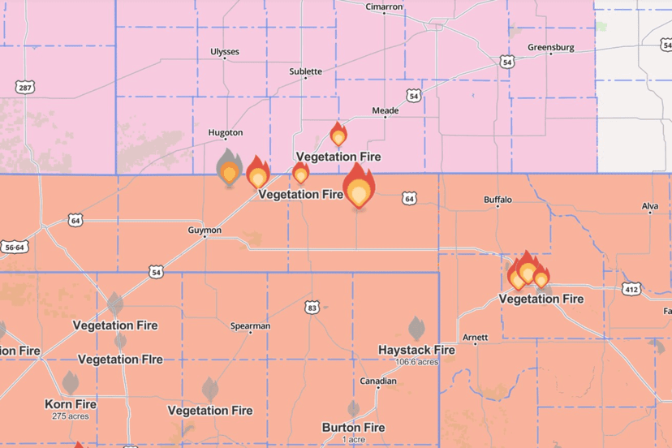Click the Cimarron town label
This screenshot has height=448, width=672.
[384, 7]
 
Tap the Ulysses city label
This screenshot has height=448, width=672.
[225, 51]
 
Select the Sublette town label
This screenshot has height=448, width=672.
[306, 71]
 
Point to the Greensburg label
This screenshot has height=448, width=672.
[550, 47]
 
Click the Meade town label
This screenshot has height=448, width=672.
[386, 110]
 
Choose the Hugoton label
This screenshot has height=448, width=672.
[226, 132]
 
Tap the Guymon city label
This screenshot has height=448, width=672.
[205, 230]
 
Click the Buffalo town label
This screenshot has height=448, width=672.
[498, 199]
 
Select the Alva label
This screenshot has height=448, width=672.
[650, 206]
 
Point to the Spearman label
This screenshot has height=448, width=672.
[250, 326]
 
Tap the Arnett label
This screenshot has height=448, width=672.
[475, 337]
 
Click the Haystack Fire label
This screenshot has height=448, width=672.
[416, 350]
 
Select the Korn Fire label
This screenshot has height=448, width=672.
[71, 404]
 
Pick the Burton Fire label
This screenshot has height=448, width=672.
[353, 427]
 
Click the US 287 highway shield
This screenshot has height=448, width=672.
[26, 87]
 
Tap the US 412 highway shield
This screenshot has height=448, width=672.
[632, 288]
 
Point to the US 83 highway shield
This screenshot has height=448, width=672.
[312, 308]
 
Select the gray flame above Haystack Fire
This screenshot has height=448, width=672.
[416, 329]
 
